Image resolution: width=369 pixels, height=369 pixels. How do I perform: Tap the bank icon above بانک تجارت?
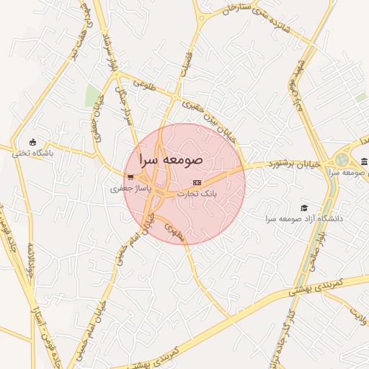pos(197,183)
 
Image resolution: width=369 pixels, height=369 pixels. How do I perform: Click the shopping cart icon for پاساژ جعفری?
pos(129,177)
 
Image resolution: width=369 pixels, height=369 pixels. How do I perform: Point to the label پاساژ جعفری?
pos(128,188)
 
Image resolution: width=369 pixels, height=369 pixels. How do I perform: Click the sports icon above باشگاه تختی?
pos(32,142)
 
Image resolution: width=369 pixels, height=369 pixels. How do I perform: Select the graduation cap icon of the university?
pos(304,208)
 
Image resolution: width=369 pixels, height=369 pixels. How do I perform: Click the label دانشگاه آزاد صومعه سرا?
pos(304,218)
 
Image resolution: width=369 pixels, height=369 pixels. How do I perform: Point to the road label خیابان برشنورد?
pos(272,164)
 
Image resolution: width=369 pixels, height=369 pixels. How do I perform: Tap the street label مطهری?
pos(176,231)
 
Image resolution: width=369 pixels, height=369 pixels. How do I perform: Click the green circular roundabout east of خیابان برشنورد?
pos(342,160)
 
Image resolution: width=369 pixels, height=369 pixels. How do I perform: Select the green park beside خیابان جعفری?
pos(92,96)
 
